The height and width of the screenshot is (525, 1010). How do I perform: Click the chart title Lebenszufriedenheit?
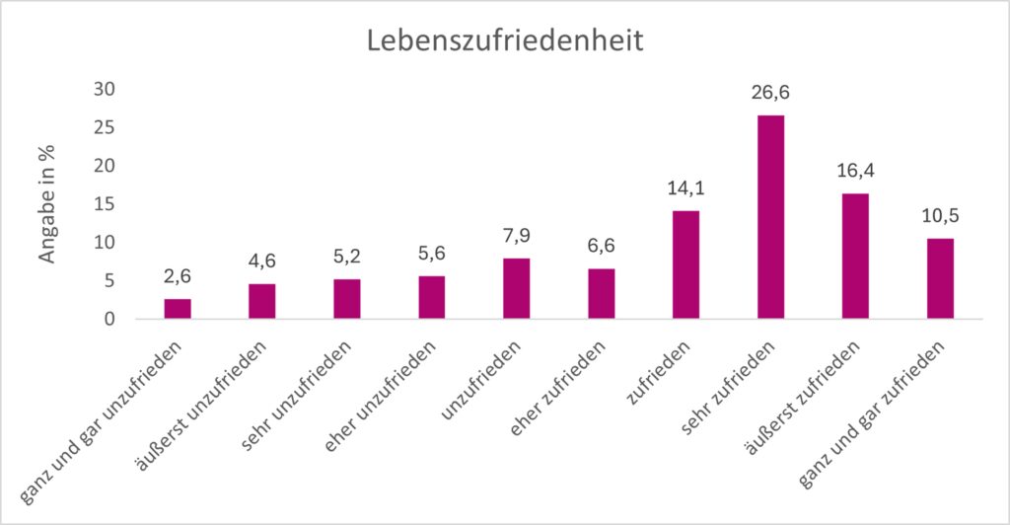505,42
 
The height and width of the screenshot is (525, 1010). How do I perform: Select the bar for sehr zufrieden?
770,217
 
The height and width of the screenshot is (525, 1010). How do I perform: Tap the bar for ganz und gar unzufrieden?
178,309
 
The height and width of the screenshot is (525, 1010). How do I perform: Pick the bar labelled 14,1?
685,264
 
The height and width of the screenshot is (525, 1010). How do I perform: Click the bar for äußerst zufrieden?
855,256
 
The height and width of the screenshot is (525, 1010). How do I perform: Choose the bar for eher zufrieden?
601,293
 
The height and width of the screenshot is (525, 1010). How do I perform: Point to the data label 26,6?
770,93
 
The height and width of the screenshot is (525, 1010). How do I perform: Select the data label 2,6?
178,276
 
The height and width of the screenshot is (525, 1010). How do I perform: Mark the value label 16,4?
855,171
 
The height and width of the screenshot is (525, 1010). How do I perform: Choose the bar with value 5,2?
347,299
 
